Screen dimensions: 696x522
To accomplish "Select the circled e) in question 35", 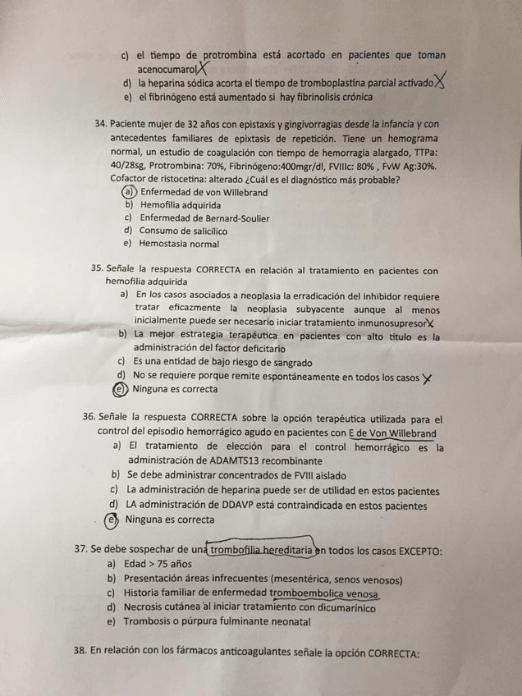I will [121, 389].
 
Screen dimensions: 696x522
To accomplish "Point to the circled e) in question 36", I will [112, 519].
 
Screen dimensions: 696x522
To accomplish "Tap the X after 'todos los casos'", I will [426, 378].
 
